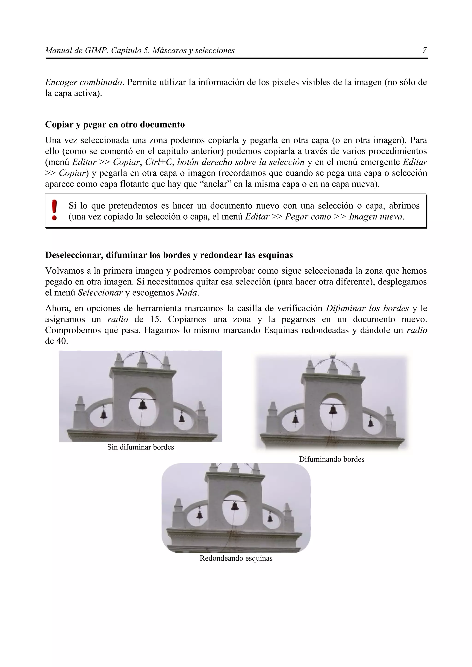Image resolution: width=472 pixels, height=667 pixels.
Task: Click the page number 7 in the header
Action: click(x=424, y=51)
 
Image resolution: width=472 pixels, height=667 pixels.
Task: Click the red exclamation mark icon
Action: click(x=54, y=210)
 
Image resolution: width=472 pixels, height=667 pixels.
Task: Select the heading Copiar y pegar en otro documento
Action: click(x=115, y=125)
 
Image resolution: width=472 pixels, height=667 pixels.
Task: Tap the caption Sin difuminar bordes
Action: click(x=140, y=447)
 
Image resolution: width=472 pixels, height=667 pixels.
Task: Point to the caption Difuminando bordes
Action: click(x=332, y=459)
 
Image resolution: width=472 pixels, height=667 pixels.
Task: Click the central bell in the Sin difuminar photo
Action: click(x=142, y=405)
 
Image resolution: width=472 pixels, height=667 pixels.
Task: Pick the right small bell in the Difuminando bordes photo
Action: click(x=371, y=422)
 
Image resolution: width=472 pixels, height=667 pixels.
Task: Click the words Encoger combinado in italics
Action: click(x=83, y=82)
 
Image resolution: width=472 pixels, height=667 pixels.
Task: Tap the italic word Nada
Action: click(x=187, y=293)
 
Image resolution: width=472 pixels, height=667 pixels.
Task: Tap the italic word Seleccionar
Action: click(x=100, y=293)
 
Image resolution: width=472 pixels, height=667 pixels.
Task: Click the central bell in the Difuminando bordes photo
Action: click(x=333, y=410)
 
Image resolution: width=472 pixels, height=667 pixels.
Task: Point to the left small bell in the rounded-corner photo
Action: click(x=200, y=515)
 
